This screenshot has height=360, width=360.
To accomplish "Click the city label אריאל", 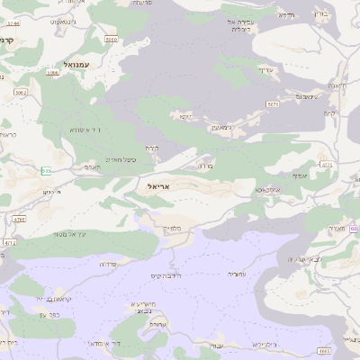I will [x=158, y=185].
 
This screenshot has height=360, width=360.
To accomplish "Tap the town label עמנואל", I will [x=67, y=64].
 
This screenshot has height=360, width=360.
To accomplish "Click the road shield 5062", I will [x=21, y=92].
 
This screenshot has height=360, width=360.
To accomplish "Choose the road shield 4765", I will [x=19, y=219].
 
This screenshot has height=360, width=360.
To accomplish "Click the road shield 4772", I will [x=10, y=242].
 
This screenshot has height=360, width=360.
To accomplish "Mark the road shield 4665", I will [x=325, y=351].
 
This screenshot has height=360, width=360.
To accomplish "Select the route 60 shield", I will [x=355, y=229].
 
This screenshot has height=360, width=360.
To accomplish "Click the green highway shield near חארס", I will [x=45, y=170].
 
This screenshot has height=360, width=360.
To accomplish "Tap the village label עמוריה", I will [x=237, y=274].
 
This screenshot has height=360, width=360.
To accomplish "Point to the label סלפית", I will [x=174, y=229].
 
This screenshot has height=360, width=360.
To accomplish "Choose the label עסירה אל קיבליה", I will [x=244, y=24].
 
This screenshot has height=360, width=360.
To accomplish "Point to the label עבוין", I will [x=216, y=346].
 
